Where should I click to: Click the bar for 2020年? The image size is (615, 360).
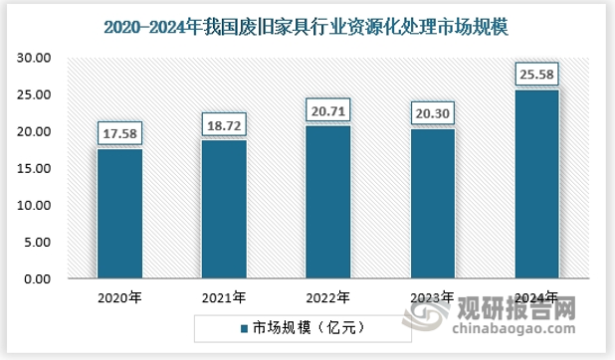click(x=119, y=214)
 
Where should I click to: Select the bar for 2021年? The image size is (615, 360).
click(x=224, y=210)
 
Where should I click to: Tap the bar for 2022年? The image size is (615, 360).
click(x=328, y=203)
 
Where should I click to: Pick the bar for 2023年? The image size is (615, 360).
click(x=432, y=204)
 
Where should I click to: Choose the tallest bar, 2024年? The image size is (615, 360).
click(x=536, y=185)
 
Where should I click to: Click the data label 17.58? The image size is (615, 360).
click(x=119, y=132)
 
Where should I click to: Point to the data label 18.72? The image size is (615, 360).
click(x=224, y=124)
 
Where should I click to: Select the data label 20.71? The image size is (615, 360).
click(x=328, y=109)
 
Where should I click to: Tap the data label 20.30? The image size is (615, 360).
click(x=432, y=112)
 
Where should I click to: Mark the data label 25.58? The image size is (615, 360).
click(x=536, y=74)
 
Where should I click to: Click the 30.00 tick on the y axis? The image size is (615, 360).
click(x=34, y=59)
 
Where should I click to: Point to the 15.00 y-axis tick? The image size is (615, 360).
click(x=34, y=169)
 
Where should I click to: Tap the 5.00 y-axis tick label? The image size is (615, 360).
click(x=38, y=243)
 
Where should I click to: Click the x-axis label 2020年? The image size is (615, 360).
click(x=119, y=297)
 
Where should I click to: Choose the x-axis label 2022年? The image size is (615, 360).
click(x=328, y=297)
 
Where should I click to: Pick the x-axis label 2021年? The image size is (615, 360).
click(x=224, y=297)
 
